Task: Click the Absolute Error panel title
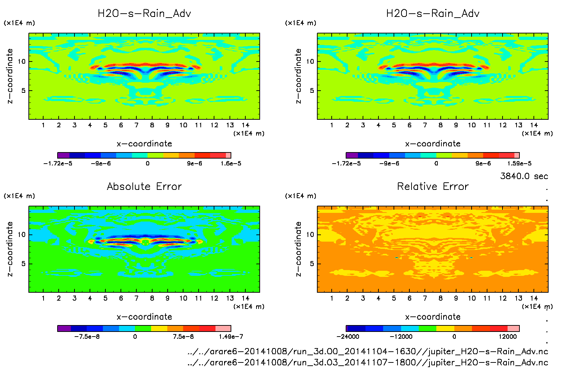(144, 186)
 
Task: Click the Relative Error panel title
(433, 186)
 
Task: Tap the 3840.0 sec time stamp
(524, 176)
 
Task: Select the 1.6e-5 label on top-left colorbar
(231, 164)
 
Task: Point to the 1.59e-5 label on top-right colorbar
(519, 164)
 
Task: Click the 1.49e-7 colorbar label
(231, 337)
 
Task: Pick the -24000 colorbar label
(348, 337)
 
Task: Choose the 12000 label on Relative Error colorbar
(508, 337)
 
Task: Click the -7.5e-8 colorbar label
(87, 337)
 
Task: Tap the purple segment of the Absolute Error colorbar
(64, 328)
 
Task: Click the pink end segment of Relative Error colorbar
(513, 328)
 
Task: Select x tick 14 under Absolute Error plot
(245, 298)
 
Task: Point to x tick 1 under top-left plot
(43, 125)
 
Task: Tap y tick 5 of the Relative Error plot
(312, 264)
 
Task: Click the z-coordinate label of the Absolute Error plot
(10, 249)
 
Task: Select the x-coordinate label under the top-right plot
(433, 144)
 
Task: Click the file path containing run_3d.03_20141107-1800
(368, 362)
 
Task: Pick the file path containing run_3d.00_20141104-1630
(368, 351)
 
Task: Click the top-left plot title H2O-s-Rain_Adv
(144, 14)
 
